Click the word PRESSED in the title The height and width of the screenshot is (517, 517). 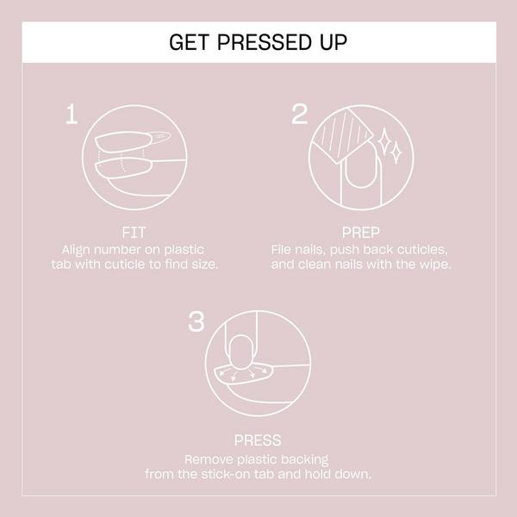257,42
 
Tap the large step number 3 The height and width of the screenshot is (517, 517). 196,322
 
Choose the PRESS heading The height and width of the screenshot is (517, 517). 258,440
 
